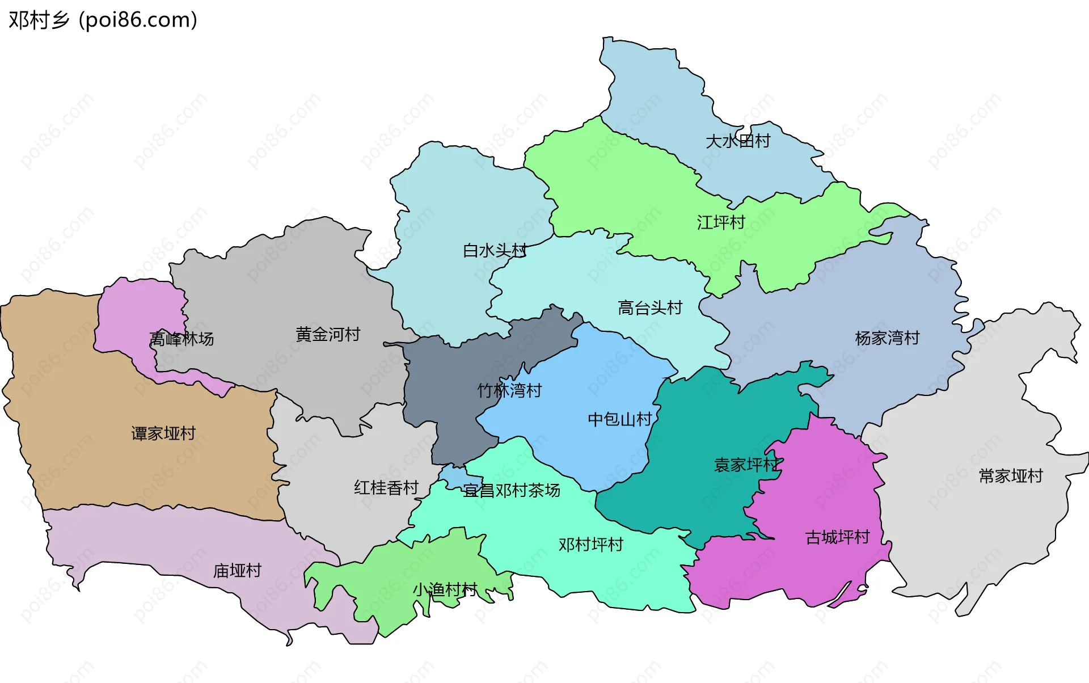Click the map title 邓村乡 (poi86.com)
coord(103,20)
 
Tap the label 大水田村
coord(737,141)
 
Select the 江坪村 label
coord(721,222)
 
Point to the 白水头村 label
coord(495,250)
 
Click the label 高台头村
coord(649,308)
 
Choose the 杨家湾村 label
coord(887,338)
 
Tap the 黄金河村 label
coord(328,335)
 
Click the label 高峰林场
coord(181,339)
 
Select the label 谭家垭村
coord(163,433)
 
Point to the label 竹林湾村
coord(509,390)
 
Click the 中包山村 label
coord(619,419)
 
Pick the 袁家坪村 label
coord(746,465)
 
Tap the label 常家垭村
coord(1011,476)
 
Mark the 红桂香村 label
coord(386,488)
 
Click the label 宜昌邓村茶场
coord(512,491)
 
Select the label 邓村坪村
coord(590,545)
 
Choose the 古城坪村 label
coord(837,537)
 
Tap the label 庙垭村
coord(237,571)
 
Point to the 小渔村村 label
coord(445,590)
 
